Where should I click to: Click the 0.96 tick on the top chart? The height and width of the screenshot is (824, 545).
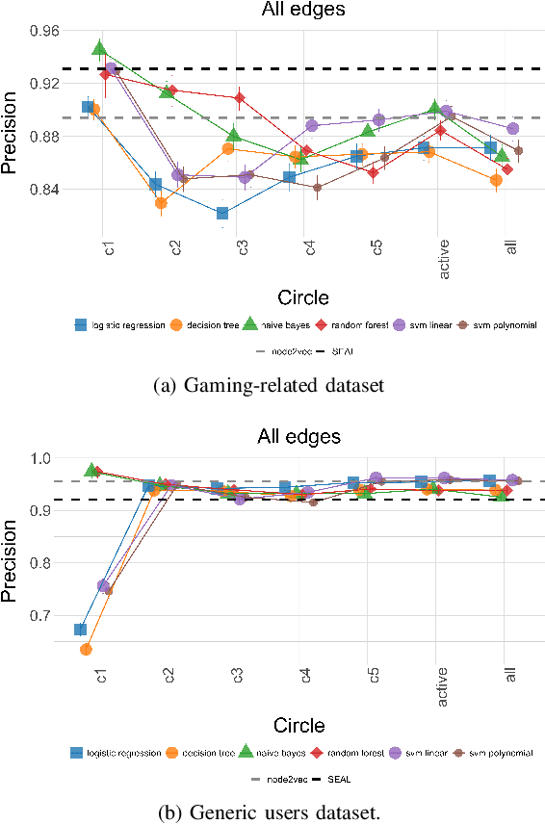pos(44,31)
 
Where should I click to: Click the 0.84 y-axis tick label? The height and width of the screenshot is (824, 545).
pos(44,190)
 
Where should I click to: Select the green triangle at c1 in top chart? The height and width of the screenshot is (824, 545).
pos(100,48)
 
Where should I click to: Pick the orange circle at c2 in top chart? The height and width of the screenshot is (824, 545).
pos(162,202)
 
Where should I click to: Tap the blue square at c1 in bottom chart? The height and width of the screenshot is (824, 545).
pos(82,629)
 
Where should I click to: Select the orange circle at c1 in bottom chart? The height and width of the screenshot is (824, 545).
pos(87,649)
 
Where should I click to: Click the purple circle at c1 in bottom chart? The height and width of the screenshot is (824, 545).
pos(103,585)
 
